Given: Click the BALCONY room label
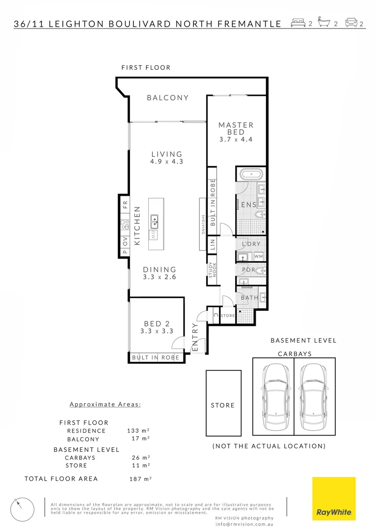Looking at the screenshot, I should click(168, 98).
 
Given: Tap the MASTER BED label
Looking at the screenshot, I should click(236, 129).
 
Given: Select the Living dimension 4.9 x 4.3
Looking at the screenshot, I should click(167, 161).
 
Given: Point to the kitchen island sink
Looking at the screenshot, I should click(155, 221).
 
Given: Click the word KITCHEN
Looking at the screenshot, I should click(138, 226).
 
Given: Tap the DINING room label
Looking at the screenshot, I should click(160, 269).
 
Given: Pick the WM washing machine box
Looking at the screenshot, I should click(259, 256).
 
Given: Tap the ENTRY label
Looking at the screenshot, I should click(195, 337).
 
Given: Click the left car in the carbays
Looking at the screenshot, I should click(273, 396).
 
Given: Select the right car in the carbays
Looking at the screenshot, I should click(315, 396).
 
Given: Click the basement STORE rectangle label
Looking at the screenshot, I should click(223, 405).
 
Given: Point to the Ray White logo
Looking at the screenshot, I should click(334, 499).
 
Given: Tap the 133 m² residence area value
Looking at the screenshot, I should click(138, 431).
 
